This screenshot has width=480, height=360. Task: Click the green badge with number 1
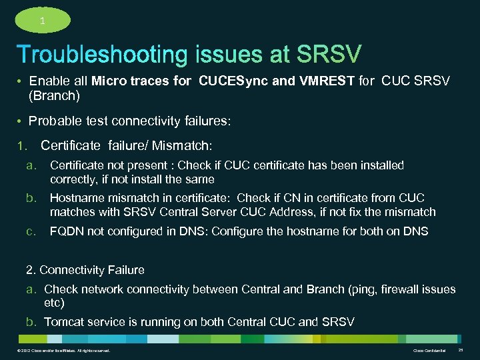coord(42,20)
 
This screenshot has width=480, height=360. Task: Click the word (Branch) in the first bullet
coord(54,96)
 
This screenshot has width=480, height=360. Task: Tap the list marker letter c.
coord(31,231)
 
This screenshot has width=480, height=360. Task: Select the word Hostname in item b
coord(75,198)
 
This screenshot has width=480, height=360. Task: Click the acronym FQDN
coord(66,231)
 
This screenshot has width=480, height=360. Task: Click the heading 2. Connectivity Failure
coord(85,270)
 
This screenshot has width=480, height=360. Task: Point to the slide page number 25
coord(461,350)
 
